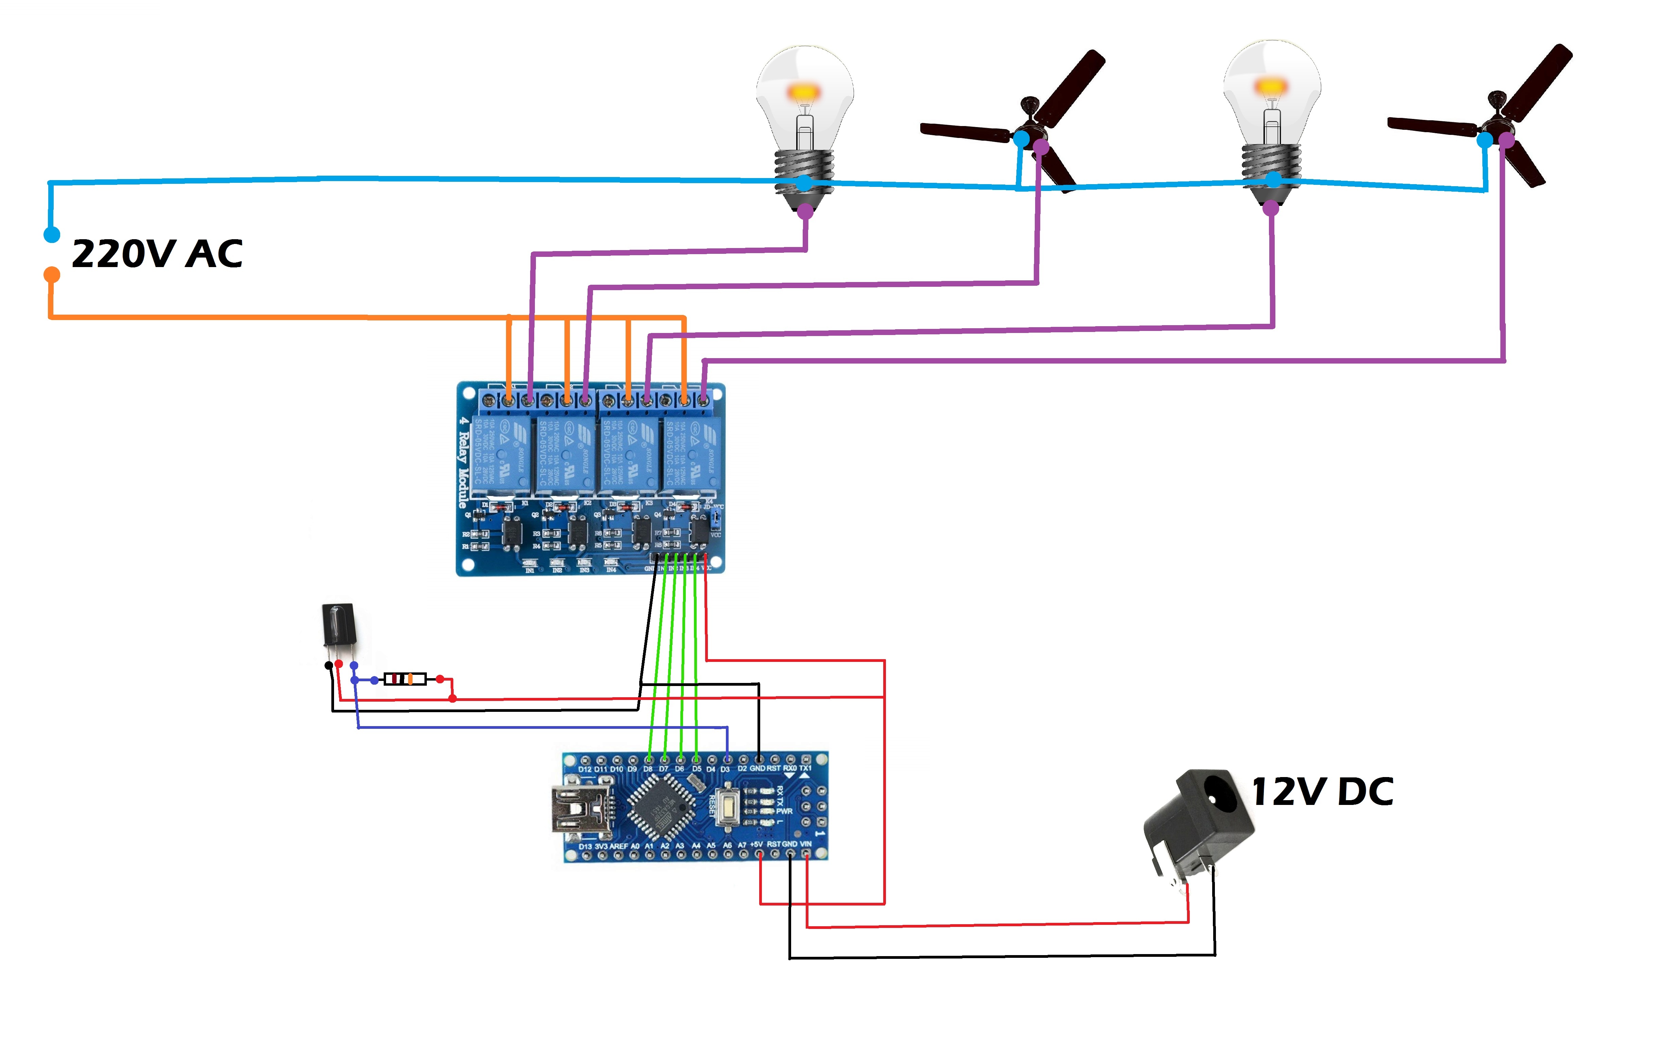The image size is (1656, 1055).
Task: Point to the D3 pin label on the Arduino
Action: (726, 769)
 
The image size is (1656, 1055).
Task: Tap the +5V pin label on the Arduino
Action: (756, 844)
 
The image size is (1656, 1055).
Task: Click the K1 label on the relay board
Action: (525, 504)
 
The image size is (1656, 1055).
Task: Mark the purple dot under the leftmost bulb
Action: (805, 211)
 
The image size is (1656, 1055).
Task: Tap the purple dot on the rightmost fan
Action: (1506, 140)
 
